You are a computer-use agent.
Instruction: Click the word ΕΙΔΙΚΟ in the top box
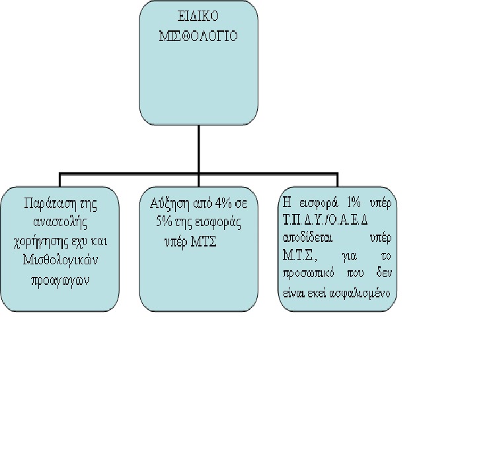click(x=198, y=16)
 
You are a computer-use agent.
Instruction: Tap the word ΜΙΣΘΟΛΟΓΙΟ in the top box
click(x=198, y=36)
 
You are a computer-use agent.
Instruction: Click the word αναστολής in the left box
click(x=60, y=223)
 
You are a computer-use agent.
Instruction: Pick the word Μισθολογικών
click(x=60, y=260)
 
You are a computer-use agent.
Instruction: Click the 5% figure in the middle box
click(x=164, y=222)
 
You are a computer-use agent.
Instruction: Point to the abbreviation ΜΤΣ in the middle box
click(x=204, y=243)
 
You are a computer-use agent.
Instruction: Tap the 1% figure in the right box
click(x=354, y=203)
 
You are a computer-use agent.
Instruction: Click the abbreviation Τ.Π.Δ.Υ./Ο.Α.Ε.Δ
click(x=326, y=219)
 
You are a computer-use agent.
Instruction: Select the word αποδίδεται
click(x=307, y=238)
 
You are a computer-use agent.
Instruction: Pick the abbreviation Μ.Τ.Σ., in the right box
click(x=299, y=256)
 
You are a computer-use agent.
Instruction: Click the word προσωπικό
click(x=308, y=274)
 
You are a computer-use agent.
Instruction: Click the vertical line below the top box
click(x=199, y=149)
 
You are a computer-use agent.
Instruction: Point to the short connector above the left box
click(x=59, y=180)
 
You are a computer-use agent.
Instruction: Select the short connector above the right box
click(x=338, y=180)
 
